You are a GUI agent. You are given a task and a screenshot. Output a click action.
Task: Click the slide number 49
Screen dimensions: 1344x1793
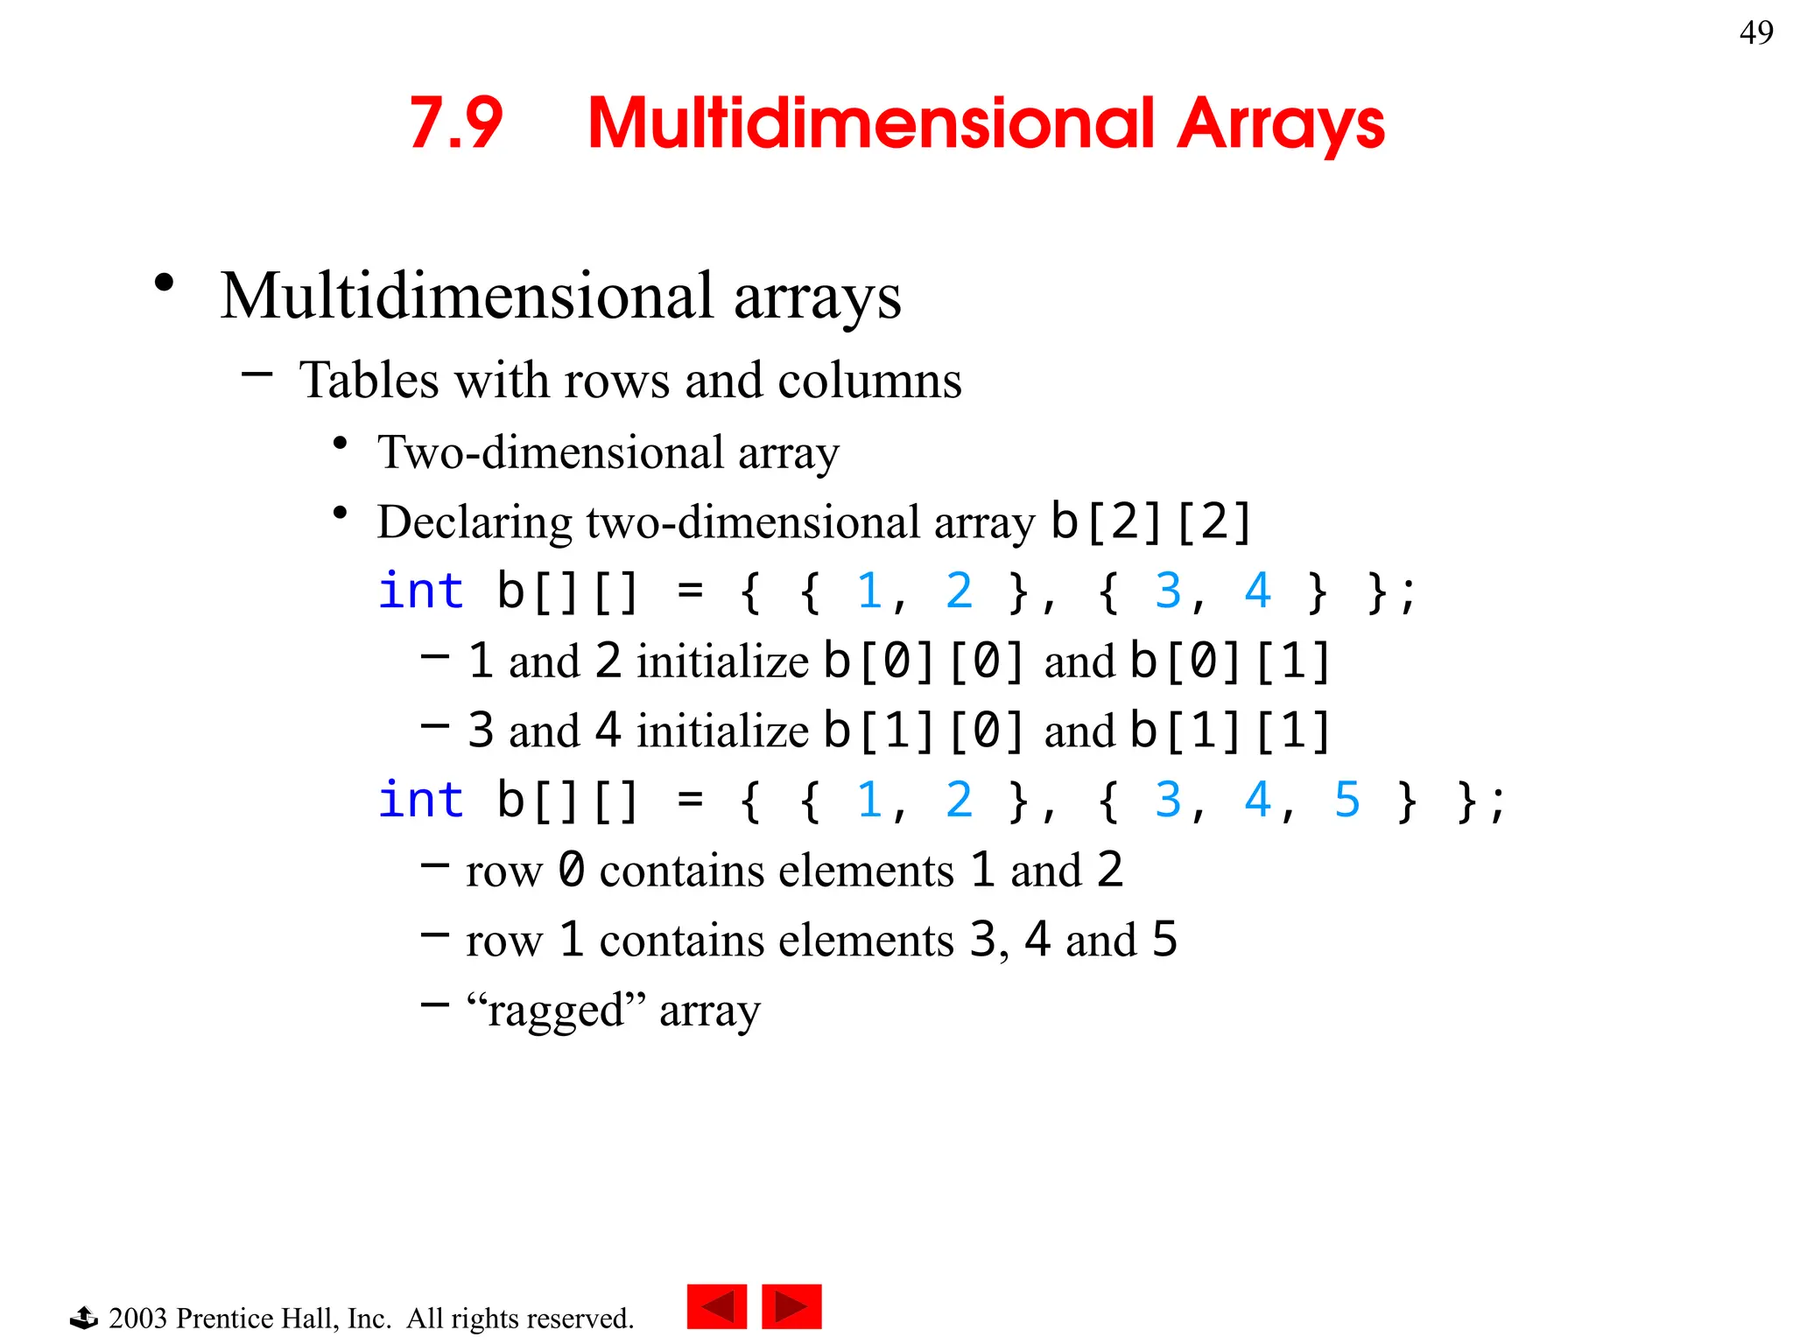coord(1755,33)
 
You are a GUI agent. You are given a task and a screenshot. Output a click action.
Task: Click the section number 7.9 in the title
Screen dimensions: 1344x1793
coord(456,123)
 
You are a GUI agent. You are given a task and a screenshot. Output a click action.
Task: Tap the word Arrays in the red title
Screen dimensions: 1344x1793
coord(1280,123)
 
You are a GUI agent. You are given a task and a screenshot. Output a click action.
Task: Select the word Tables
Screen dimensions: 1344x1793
coord(369,381)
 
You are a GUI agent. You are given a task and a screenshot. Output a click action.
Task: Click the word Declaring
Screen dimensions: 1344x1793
coord(475,522)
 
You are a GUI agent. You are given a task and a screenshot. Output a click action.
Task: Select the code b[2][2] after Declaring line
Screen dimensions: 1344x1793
coord(1151,521)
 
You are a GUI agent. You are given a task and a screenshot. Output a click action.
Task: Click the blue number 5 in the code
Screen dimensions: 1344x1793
coord(1347,800)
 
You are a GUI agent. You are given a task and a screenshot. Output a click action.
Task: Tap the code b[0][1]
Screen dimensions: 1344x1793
coord(1230,661)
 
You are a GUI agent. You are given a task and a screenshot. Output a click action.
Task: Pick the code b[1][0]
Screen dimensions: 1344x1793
coord(925,731)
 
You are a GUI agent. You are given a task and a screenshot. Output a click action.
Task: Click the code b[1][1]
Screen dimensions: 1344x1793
coord(1230,731)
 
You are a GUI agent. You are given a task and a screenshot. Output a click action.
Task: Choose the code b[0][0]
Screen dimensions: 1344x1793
coord(925,661)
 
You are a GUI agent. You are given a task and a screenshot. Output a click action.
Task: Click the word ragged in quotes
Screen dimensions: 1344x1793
coord(556,1011)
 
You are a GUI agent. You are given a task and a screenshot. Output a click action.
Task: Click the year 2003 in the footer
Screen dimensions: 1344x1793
coord(137,1318)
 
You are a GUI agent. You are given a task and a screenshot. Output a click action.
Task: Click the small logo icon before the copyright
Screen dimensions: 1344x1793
coord(84,1317)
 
